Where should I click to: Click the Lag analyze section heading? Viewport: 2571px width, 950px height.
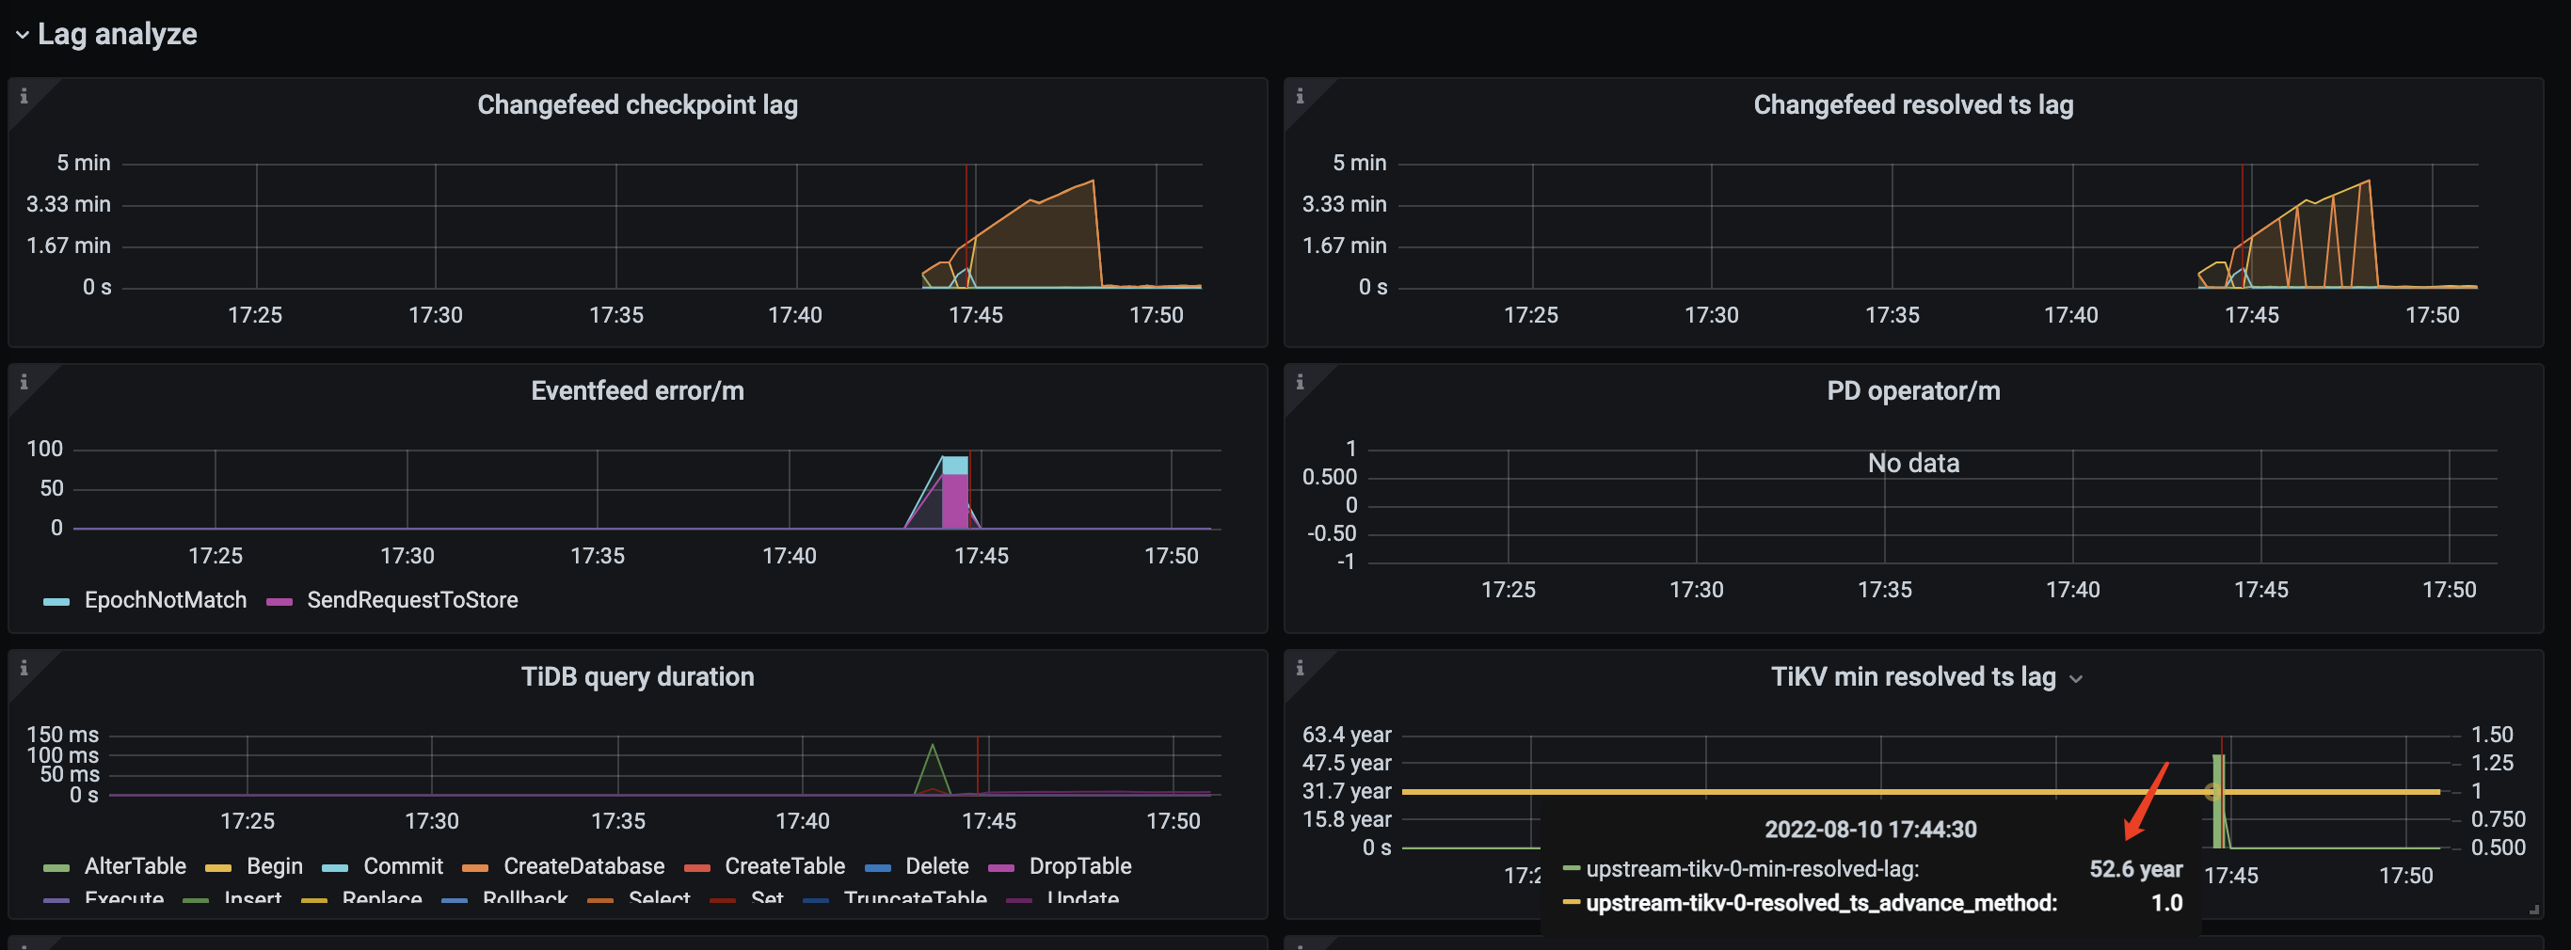(117, 34)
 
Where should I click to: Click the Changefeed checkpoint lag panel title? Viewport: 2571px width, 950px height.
(637, 104)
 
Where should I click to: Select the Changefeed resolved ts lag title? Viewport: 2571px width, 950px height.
(1912, 104)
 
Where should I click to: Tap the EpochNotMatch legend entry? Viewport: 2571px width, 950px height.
(165, 600)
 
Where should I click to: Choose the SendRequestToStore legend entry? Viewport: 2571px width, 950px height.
(411, 600)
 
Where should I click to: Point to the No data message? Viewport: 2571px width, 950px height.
(1912, 463)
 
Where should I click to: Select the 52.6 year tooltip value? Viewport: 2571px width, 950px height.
(2135, 869)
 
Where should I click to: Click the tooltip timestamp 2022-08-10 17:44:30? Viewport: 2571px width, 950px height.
(1869, 830)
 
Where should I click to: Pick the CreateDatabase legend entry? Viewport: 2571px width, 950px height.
(583, 866)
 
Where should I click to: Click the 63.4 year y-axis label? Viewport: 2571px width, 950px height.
(1346, 736)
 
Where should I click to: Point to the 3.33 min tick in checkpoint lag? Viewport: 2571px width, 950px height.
(68, 204)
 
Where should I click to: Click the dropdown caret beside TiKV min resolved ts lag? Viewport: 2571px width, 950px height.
(2076, 679)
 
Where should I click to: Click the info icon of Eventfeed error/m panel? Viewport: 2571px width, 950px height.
(24, 382)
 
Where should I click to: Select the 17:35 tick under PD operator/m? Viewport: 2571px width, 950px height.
(1883, 590)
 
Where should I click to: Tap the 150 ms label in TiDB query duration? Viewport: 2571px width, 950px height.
(62, 736)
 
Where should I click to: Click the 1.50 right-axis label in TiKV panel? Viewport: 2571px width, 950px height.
(2491, 736)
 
